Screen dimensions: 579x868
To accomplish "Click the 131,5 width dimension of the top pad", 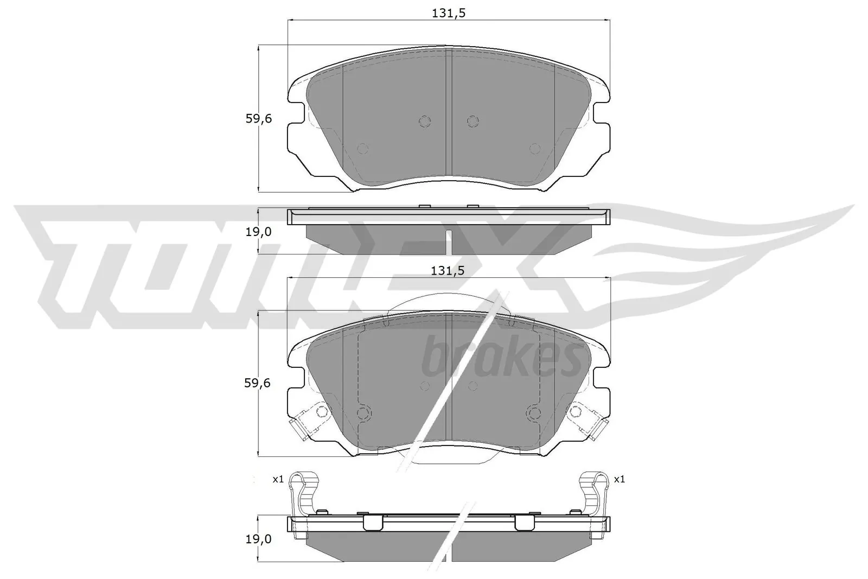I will click(x=449, y=14).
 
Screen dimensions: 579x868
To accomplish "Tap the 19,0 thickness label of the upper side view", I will click(x=258, y=232).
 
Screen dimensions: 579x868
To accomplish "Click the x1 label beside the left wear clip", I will click(x=278, y=479).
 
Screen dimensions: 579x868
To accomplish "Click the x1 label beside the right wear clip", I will click(x=620, y=479).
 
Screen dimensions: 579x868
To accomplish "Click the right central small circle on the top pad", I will click(x=473, y=121).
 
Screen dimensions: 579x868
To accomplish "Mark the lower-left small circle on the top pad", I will click(x=363, y=148).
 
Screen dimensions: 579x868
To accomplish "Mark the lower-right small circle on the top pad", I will click(x=535, y=148).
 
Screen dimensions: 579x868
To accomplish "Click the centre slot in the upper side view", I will click(x=449, y=241).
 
